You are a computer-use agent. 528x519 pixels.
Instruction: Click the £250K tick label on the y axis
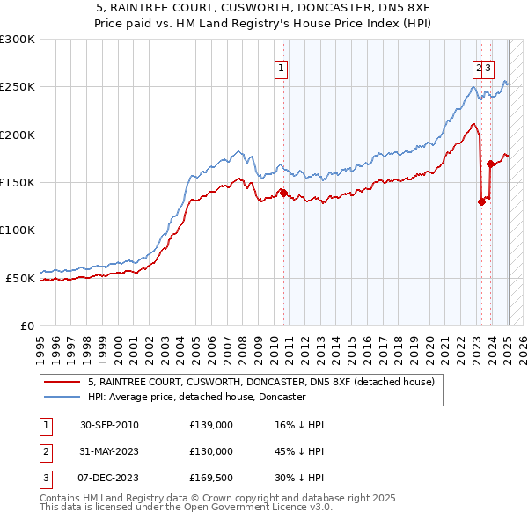click(18, 87)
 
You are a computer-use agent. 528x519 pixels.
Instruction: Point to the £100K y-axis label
click(18, 230)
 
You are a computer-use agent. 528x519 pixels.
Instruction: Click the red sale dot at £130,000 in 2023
click(481, 201)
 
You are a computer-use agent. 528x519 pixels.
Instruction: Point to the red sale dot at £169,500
click(490, 164)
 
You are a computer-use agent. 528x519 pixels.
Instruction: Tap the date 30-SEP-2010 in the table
click(109, 425)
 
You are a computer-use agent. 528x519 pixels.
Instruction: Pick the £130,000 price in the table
click(211, 451)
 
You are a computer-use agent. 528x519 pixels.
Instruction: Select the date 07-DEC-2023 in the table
click(109, 478)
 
